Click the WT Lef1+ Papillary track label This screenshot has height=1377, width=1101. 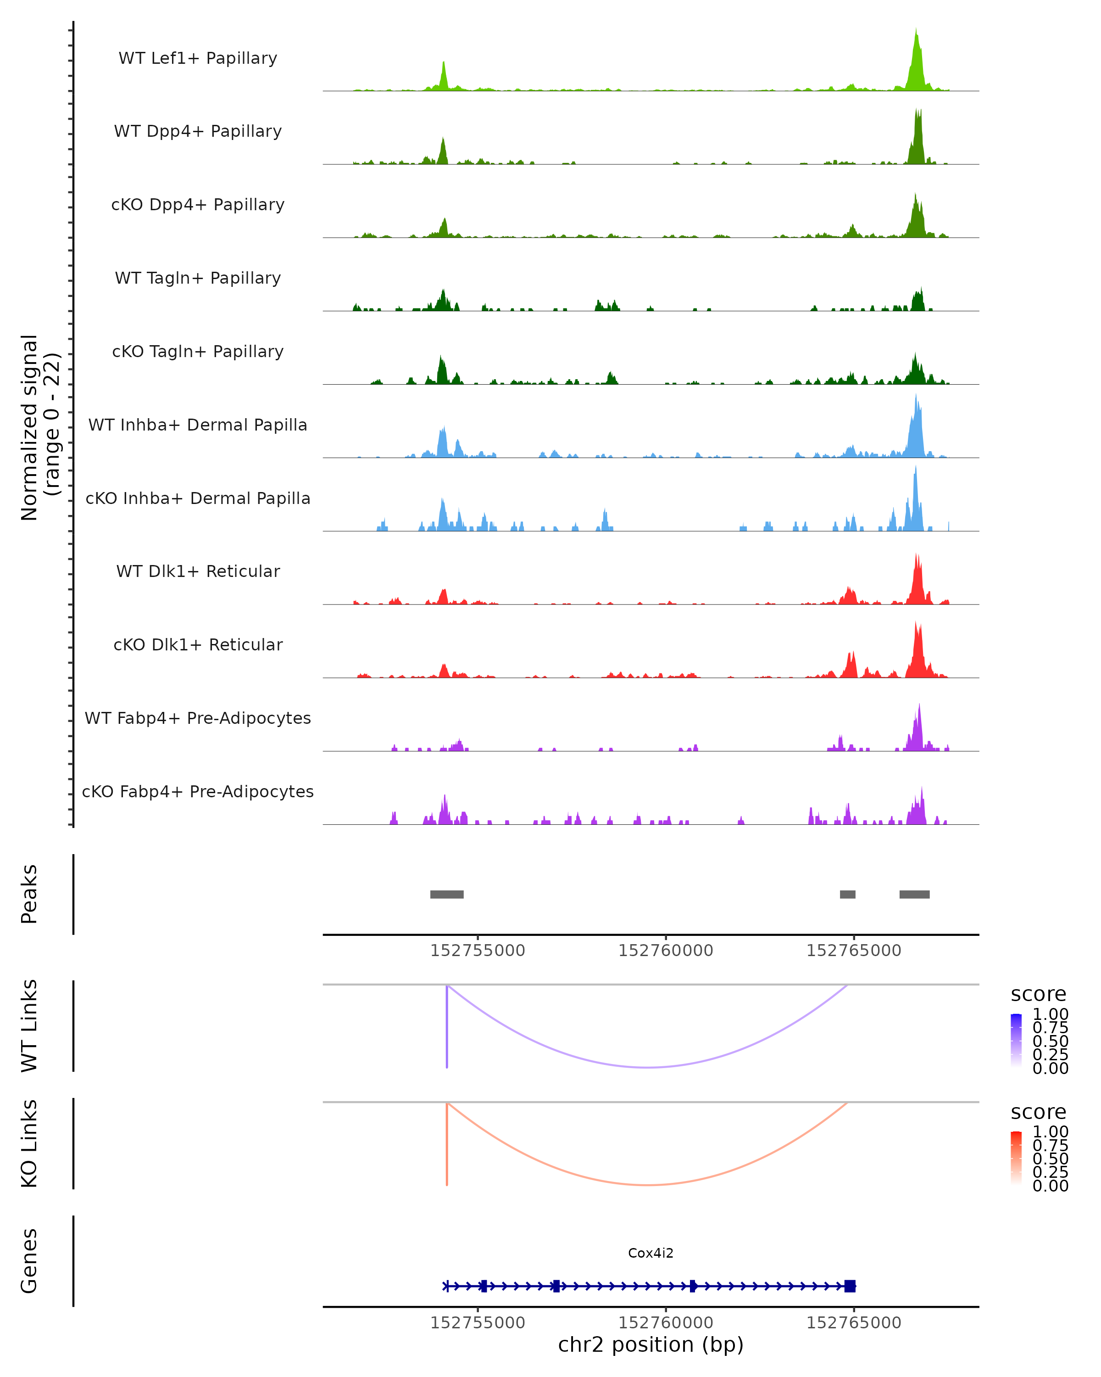(198, 58)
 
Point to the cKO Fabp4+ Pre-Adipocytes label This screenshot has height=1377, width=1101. (198, 791)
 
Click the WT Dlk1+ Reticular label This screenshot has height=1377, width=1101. (198, 571)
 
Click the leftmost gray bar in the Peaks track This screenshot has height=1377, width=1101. (447, 894)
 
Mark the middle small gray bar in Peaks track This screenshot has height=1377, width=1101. (848, 894)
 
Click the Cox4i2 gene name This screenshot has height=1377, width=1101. (651, 1253)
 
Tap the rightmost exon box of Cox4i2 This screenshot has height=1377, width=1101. (850, 1286)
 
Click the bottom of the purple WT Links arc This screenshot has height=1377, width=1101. (648, 1067)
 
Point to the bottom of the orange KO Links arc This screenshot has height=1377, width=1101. (648, 1185)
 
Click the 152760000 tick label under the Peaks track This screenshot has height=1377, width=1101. (666, 951)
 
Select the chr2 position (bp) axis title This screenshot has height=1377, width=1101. (651, 1344)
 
